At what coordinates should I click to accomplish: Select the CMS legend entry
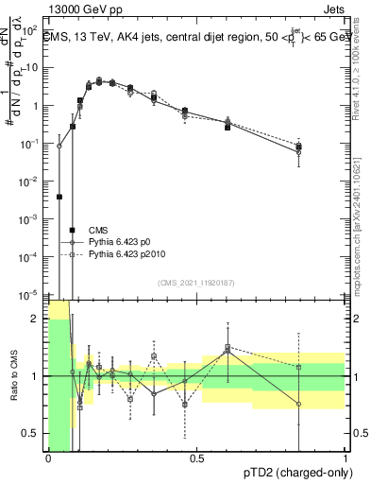pyautogui.click(x=99, y=230)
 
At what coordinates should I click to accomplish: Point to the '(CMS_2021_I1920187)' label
pyautogui.click(x=196, y=283)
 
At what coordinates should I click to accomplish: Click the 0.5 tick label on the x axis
pyautogui.click(x=196, y=458)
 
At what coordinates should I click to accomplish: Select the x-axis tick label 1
pyautogui.click(x=346, y=458)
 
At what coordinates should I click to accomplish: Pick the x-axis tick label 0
pyautogui.click(x=48, y=458)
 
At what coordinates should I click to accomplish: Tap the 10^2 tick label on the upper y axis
pyautogui.click(x=32, y=68)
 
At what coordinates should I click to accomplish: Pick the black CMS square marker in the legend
pyautogui.click(x=73, y=230)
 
